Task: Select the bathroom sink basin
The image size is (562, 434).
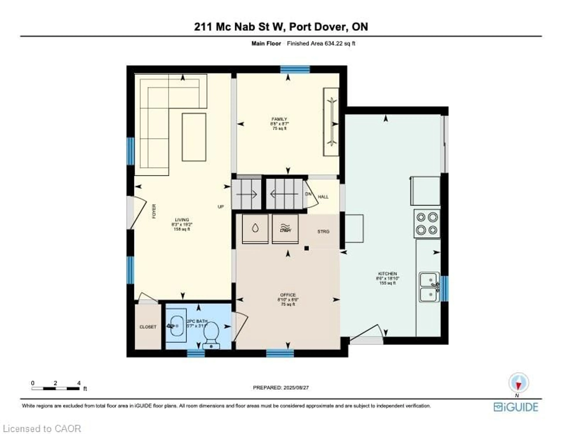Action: [x=176, y=326]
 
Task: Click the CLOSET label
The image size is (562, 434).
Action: [x=148, y=327]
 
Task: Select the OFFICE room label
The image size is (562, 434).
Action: [x=288, y=295]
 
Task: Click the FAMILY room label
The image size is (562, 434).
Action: [x=279, y=119]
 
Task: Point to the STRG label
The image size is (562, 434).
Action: [x=323, y=232]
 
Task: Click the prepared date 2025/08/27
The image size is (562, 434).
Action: [x=281, y=387]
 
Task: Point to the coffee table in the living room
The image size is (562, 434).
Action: [x=194, y=137]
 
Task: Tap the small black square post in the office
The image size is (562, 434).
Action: [x=306, y=248]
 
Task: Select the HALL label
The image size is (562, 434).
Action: [x=323, y=197]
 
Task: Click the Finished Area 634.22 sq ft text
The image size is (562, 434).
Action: [x=321, y=43]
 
